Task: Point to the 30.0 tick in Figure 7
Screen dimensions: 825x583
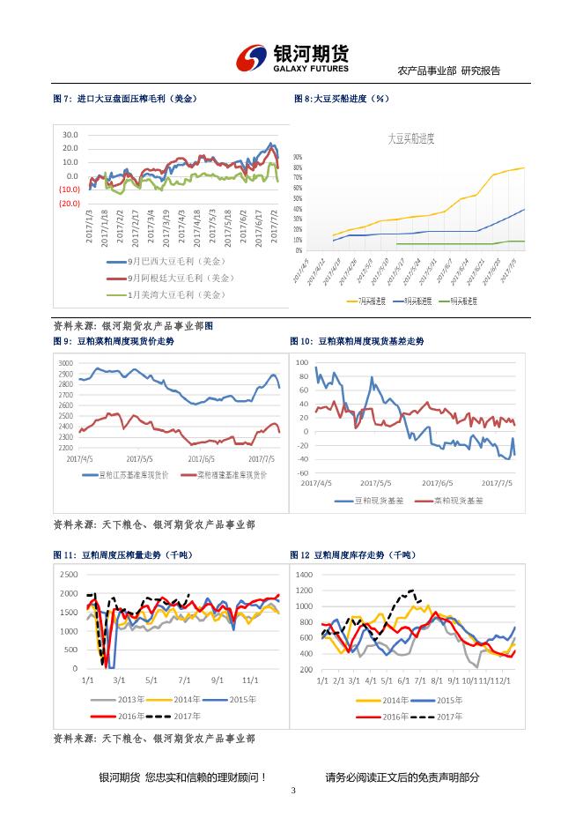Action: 70,135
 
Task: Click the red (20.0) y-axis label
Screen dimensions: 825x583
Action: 70,204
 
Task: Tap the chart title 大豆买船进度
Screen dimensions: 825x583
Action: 412,138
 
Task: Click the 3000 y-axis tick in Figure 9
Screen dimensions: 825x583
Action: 65,363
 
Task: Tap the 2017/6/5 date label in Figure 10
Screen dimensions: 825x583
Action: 437,483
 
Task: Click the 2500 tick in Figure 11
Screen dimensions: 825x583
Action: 68,575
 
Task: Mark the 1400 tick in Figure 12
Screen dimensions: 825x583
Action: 304,575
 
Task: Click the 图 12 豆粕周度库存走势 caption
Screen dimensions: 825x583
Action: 352,555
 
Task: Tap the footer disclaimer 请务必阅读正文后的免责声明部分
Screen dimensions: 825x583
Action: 402,777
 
